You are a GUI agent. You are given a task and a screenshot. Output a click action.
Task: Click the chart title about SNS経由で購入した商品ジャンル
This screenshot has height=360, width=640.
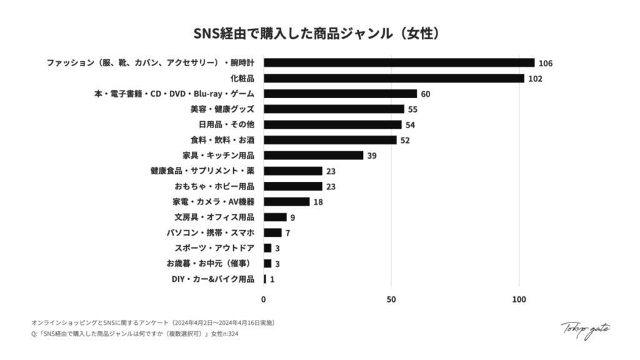pyautogui.click(x=319, y=32)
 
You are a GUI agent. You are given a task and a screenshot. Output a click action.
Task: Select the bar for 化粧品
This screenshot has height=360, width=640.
pyautogui.click(x=394, y=78)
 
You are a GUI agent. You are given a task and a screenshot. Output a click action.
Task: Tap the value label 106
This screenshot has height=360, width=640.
pyautogui.click(x=545, y=63)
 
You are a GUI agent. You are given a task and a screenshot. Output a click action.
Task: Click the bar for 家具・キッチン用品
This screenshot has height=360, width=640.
pyautogui.click(x=313, y=155)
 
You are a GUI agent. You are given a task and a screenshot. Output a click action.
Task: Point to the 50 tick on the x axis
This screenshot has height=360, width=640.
pyautogui.click(x=391, y=299)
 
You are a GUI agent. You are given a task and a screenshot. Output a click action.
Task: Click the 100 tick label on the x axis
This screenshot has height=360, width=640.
pyautogui.click(x=519, y=299)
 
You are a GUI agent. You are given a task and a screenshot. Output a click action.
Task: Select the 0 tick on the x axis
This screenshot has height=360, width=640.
pyautogui.click(x=264, y=299)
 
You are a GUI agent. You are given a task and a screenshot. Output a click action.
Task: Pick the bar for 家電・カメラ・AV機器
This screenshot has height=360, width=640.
pyautogui.click(x=286, y=201)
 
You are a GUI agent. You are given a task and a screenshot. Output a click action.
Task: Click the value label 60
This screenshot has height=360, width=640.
pyautogui.click(x=426, y=94)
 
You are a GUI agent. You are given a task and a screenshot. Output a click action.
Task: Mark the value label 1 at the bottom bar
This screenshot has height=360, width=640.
pyautogui.click(x=272, y=279)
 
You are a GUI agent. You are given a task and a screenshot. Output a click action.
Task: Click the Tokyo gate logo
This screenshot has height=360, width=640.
pyautogui.click(x=585, y=329)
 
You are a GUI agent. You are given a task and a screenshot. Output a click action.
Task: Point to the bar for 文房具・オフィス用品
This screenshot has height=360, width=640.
pyautogui.click(x=275, y=217)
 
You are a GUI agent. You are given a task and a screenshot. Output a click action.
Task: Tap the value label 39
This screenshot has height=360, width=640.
pyautogui.click(x=371, y=156)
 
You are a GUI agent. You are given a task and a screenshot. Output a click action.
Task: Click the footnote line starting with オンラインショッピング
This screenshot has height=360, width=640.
pyautogui.click(x=152, y=322)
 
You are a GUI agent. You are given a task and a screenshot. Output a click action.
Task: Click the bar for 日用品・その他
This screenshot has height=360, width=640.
pyautogui.click(x=332, y=124)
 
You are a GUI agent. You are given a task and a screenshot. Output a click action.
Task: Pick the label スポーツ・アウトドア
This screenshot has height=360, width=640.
pyautogui.click(x=214, y=248)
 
